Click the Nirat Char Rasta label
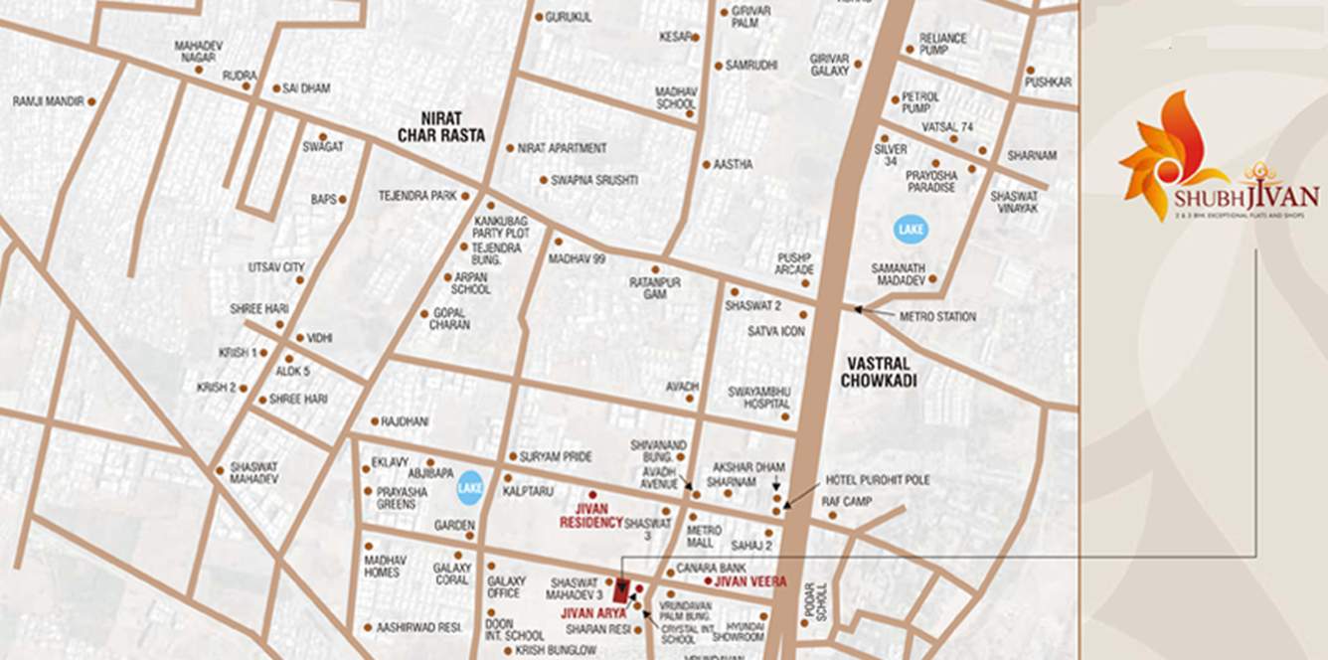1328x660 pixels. (440, 126)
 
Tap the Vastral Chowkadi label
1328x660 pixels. (878, 371)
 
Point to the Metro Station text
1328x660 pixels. (936, 316)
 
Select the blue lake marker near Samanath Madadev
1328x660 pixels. (910, 230)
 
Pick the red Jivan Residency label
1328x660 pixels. (590, 515)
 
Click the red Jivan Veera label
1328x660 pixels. (750, 581)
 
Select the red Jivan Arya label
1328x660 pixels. (592, 613)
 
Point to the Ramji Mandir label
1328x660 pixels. (47, 101)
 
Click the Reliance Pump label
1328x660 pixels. (942, 44)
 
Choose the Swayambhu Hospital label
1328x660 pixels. (759, 398)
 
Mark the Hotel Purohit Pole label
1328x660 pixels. (878, 480)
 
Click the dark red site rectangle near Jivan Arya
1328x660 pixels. (621, 590)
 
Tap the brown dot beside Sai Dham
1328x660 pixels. (276, 88)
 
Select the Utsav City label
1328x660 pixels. (275, 267)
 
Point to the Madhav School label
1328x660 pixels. (676, 97)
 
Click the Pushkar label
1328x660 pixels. (1048, 82)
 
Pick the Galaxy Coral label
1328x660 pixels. (451, 574)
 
